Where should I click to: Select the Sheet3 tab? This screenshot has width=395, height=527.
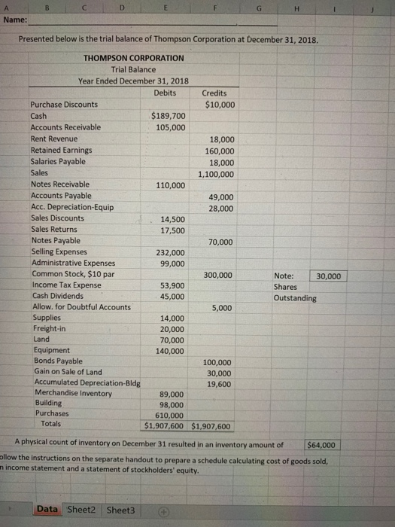(x=120, y=510)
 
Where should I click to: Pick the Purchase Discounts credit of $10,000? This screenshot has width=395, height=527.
(x=219, y=105)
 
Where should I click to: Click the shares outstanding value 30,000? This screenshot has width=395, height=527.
(x=328, y=276)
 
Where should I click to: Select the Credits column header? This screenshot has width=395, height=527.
(x=215, y=93)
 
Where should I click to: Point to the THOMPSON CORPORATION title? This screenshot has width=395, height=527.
(x=133, y=57)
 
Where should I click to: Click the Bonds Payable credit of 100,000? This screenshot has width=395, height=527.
(x=219, y=363)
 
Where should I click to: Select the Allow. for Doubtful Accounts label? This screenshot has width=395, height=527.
(x=81, y=306)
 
